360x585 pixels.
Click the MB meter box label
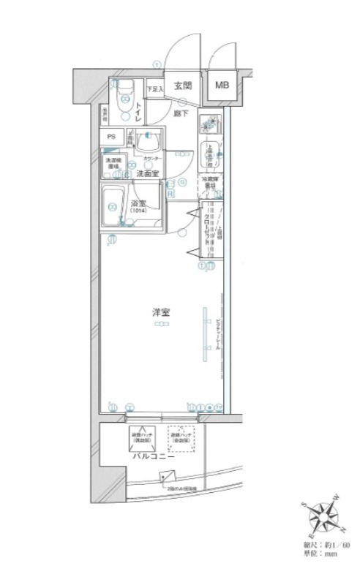click(x=221, y=85)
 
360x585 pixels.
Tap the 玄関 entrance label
click(x=182, y=85)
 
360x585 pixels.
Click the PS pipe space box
click(x=112, y=137)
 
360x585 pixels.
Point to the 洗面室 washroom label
click(x=148, y=173)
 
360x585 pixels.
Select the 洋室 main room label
click(x=161, y=312)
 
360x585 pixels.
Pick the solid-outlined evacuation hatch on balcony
click(x=141, y=438)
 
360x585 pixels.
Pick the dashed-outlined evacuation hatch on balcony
click(x=181, y=437)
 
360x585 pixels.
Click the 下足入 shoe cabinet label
click(x=153, y=89)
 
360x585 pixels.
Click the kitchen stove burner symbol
click(x=211, y=123)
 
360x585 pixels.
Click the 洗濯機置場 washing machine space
click(x=113, y=162)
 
